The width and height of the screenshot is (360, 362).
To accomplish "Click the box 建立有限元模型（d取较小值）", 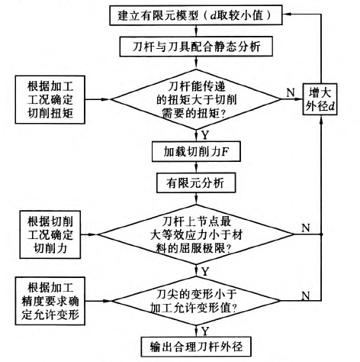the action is pyautogui.click(x=196, y=15).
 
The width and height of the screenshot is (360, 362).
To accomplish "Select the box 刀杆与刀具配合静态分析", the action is pyautogui.click(x=196, y=47).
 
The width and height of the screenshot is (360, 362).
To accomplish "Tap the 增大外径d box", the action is pyautogui.click(x=320, y=99).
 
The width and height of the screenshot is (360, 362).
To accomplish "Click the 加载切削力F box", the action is pyautogui.click(x=196, y=152).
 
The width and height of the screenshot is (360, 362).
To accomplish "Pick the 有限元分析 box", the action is pyautogui.click(x=196, y=183).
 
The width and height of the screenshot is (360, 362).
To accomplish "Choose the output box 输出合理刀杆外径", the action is pyautogui.click(x=196, y=347).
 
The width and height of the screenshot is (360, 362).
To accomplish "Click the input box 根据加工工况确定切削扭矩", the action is pyautogui.click(x=50, y=99).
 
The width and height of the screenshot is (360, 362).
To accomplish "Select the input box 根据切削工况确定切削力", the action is pyautogui.click(x=50, y=234).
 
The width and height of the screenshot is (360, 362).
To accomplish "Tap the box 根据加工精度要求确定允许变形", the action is pyautogui.click(x=50, y=301).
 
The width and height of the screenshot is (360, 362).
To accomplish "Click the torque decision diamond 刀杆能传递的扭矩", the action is pyautogui.click(x=196, y=99).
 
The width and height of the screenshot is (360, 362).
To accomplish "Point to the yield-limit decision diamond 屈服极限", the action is pyautogui.click(x=196, y=234).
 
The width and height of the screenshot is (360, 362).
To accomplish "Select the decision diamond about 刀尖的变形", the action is pyautogui.click(x=196, y=301).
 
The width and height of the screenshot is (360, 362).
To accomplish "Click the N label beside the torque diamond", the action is pyautogui.click(x=291, y=92).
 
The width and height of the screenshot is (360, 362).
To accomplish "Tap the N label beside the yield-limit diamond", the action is pyautogui.click(x=306, y=228).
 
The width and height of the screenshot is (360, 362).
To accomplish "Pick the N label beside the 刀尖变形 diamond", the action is pyautogui.click(x=306, y=296).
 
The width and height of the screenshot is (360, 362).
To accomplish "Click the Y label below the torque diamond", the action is pyautogui.click(x=205, y=135).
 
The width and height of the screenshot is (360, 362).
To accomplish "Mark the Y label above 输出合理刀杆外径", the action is pyautogui.click(x=205, y=331).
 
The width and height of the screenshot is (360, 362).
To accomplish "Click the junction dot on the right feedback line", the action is pyautogui.click(x=321, y=234).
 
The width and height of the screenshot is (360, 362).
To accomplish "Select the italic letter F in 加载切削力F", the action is pyautogui.click(x=225, y=152).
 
